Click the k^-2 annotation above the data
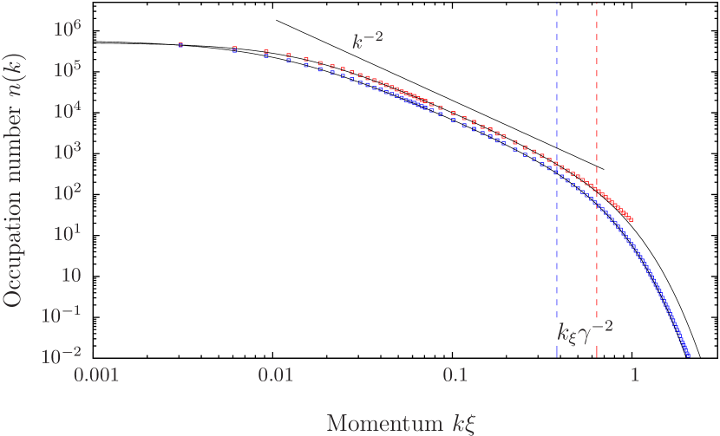click(x=367, y=41)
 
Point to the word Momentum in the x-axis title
click(x=372, y=423)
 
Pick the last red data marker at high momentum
click(x=631, y=220)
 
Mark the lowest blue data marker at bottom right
click(x=688, y=355)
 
